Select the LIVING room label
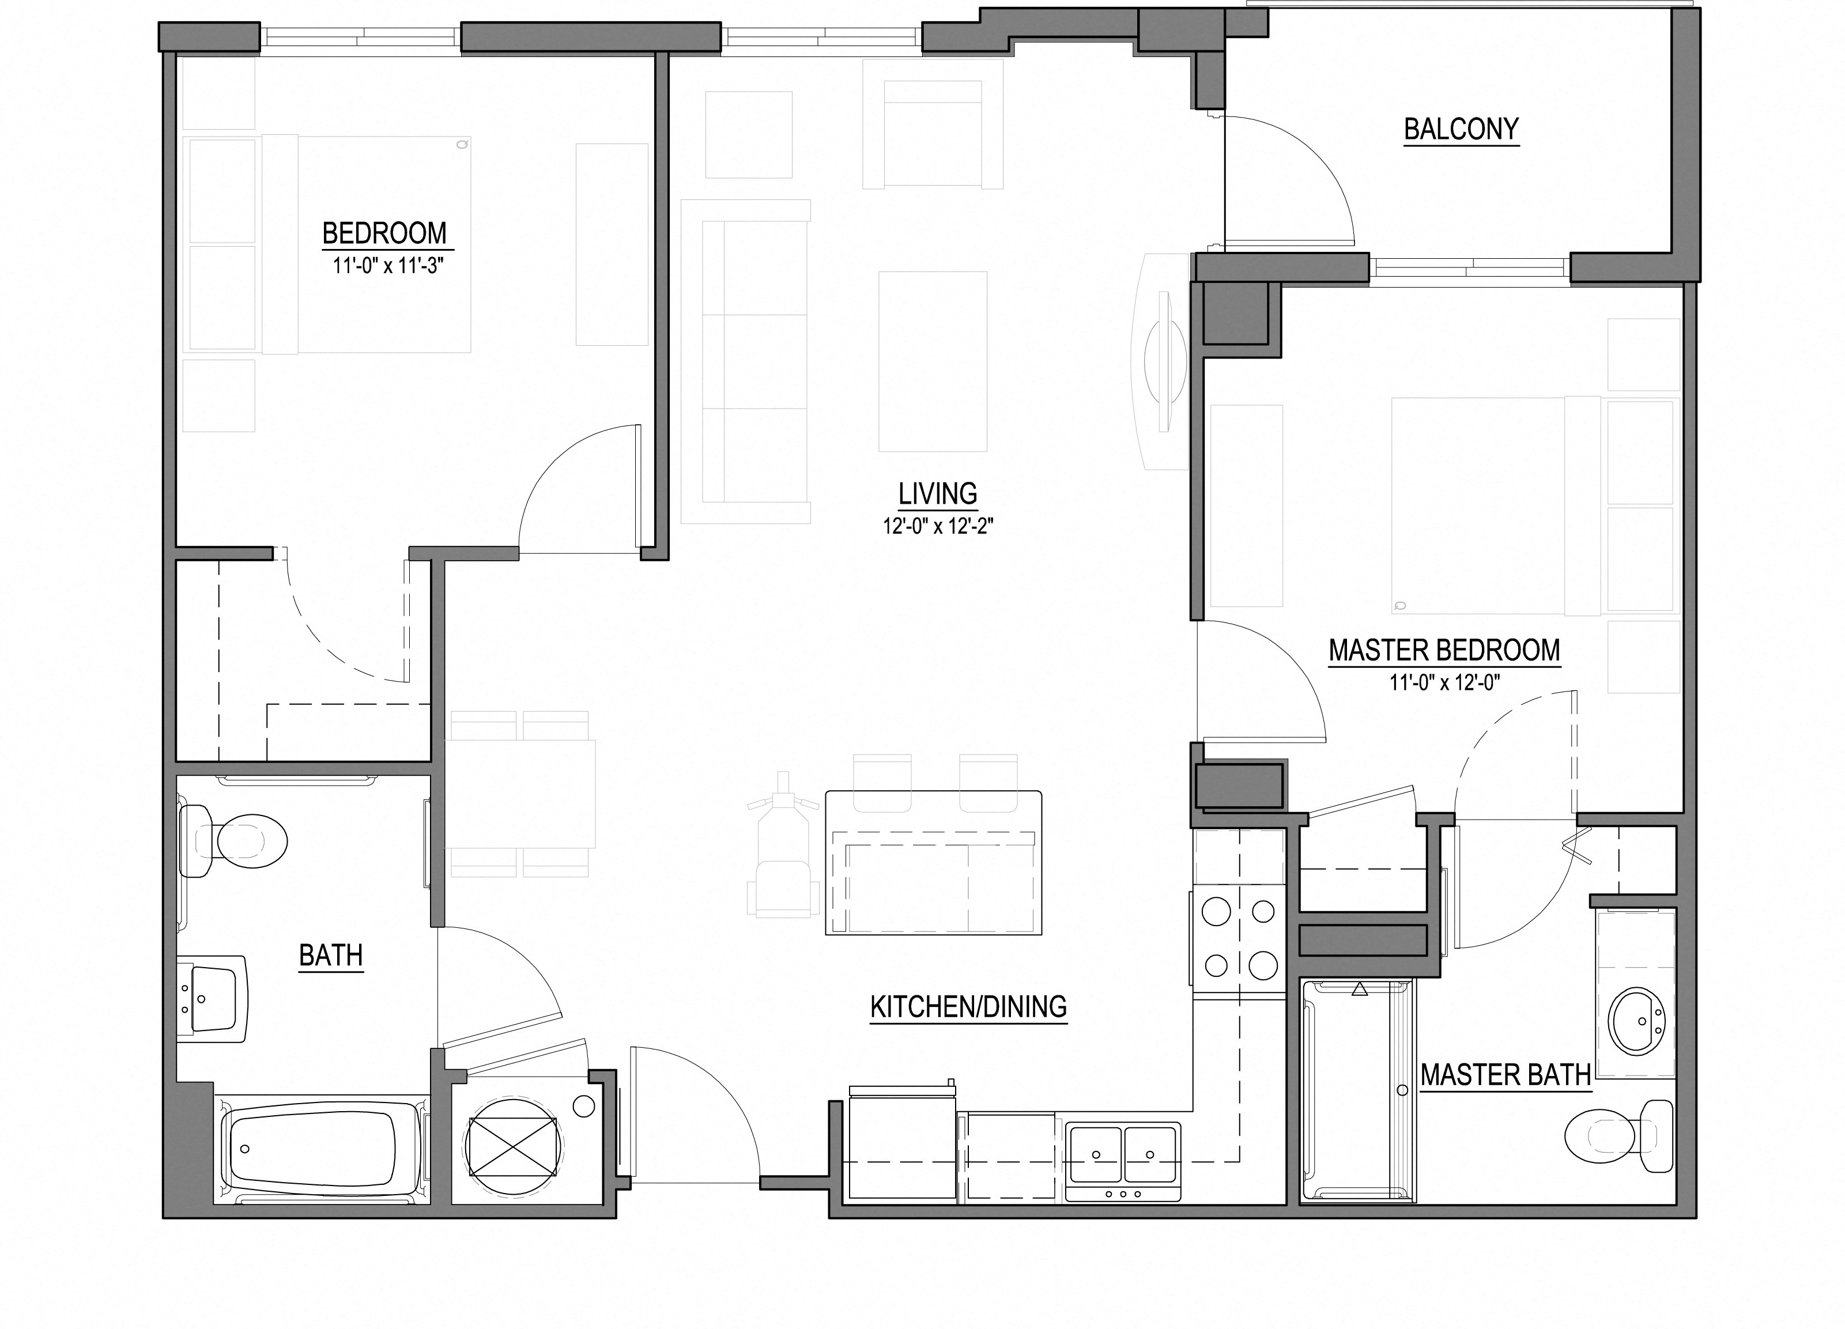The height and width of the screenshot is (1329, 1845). (x=937, y=494)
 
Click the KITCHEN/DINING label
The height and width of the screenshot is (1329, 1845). (x=968, y=1007)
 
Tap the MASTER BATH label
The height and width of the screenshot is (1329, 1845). (x=1505, y=1075)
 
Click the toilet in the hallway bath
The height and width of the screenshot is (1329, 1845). (x=236, y=841)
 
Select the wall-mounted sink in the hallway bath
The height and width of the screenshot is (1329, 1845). (x=213, y=998)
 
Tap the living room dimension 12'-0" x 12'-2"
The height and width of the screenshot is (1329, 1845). (x=937, y=527)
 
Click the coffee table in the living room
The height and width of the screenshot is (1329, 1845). (x=932, y=361)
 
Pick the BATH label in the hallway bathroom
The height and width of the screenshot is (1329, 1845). (x=330, y=956)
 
